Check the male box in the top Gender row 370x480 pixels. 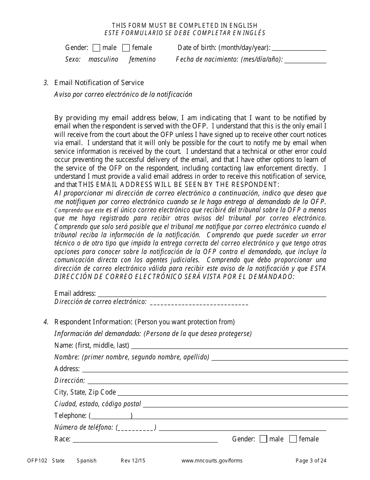pos(97,48)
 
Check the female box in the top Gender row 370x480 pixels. pos(126,48)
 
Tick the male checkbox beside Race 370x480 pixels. pos(263,439)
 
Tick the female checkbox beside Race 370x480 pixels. pos(293,439)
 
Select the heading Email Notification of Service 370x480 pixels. pos(99,83)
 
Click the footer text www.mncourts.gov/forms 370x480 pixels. pos(212,461)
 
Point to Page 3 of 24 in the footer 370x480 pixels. pos(311,461)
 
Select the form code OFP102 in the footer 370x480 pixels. pos(37,461)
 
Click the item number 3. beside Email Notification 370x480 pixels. pos(46,83)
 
